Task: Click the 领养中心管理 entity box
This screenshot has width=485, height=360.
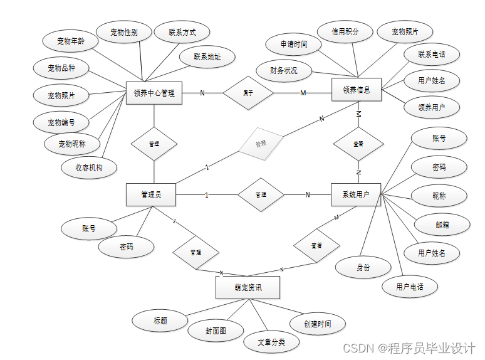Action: [154, 93]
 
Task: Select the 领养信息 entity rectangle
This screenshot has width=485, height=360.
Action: [357, 90]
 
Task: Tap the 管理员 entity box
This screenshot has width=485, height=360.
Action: [150, 195]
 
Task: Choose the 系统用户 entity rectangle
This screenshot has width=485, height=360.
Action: [356, 195]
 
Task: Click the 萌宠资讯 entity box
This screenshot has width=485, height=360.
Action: [248, 288]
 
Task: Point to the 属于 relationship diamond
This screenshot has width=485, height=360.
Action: [249, 93]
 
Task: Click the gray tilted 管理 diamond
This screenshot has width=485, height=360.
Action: [261, 144]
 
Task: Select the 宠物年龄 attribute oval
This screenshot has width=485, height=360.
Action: [70, 41]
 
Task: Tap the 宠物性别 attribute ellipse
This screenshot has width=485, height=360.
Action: [123, 32]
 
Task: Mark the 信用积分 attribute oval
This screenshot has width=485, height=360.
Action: [345, 31]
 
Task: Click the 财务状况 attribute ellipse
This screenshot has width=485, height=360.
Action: [284, 70]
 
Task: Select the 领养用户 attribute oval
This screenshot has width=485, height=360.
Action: [432, 107]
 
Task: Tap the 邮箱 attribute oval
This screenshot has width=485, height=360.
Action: [442, 224]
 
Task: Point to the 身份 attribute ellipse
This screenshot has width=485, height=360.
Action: [363, 267]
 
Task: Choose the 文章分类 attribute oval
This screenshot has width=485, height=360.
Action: [271, 342]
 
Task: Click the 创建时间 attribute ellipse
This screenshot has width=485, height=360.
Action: [317, 324]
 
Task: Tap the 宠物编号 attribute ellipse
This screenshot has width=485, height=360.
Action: [61, 122]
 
